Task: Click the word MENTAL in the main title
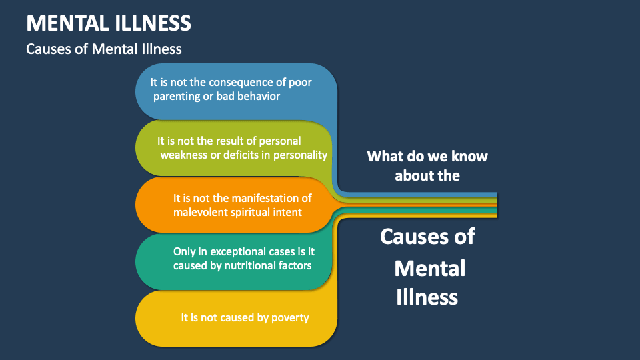pyautogui.click(x=63, y=23)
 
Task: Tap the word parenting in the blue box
pyautogui.click(x=178, y=97)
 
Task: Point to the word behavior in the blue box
pyautogui.click(x=257, y=97)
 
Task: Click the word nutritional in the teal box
pyautogui.click(x=247, y=265)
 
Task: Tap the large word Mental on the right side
pyautogui.click(x=429, y=268)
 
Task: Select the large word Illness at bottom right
pyautogui.click(x=427, y=297)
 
